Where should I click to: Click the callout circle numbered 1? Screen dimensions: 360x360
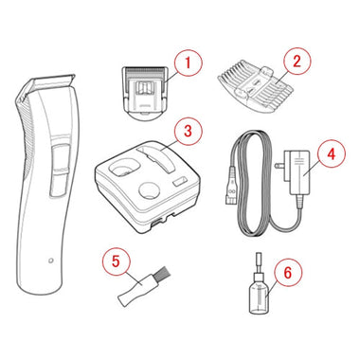pos(188,63)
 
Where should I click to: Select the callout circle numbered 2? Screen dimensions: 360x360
pos(297,61)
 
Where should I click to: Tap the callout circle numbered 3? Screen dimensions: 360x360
pos(188,131)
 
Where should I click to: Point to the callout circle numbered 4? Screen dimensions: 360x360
pos(331,154)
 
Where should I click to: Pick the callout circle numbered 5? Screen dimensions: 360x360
pos(116,261)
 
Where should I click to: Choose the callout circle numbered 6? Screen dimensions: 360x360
pos(288,272)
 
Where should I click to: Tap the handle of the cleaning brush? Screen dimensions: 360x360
pos(135,289)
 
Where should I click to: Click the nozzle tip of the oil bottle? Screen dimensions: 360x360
pos(259,258)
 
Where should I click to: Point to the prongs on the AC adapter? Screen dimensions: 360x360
pos(280,166)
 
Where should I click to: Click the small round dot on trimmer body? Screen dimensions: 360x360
pos(50,261)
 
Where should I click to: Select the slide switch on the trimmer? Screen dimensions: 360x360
pos(60,161)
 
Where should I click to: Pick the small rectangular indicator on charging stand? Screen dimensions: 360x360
pos(179,183)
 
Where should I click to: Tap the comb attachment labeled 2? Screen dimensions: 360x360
pos(255,85)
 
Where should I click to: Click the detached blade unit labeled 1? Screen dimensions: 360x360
pos(145,92)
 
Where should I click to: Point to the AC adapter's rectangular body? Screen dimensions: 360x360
pos(298,173)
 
